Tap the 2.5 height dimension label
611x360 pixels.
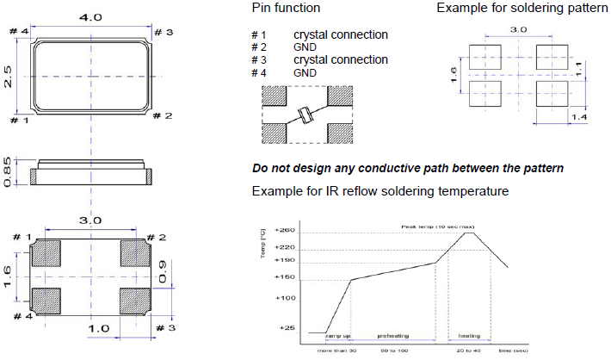(x=7, y=77)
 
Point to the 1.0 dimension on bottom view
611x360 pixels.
(x=99, y=329)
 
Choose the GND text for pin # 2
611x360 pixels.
(x=305, y=47)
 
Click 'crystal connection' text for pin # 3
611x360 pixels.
(x=340, y=59)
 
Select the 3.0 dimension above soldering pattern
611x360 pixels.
(x=519, y=29)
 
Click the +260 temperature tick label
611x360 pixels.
(x=283, y=231)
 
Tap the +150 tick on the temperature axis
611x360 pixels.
(x=283, y=277)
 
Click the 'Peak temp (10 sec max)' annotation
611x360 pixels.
(x=430, y=227)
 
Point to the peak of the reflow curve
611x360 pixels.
(x=468, y=233)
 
